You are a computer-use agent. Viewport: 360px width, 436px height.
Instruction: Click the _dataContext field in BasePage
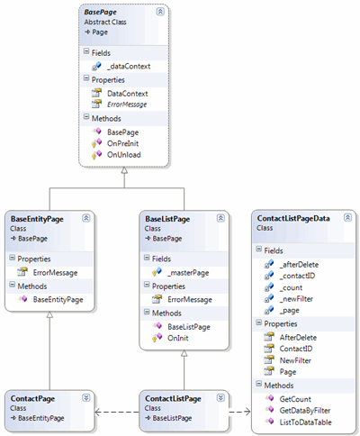pyautogui.click(x=129, y=67)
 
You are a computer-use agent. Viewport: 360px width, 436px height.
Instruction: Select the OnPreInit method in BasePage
pyautogui.click(x=122, y=143)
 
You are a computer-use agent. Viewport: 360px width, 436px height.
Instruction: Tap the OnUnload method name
pyautogui.click(x=124, y=155)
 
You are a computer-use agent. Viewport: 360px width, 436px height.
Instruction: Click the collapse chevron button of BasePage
pyautogui.click(x=160, y=12)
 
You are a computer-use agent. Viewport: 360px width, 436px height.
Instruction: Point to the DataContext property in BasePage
pyautogui.click(x=128, y=94)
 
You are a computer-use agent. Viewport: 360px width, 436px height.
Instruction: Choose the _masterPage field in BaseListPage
pyautogui.click(x=188, y=273)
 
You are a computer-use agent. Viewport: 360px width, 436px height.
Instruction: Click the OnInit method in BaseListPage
pyautogui.click(x=178, y=338)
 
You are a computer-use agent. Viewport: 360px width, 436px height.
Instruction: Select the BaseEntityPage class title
pyautogui.click(x=37, y=219)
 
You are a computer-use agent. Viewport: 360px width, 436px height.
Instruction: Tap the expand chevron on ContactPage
pyautogui.click(x=86, y=398)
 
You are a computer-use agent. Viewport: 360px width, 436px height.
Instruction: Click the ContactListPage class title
pyautogui.click(x=173, y=399)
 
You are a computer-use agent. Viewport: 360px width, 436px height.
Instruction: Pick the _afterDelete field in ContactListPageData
pyautogui.click(x=299, y=265)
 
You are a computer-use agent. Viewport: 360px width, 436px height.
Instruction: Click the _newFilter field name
pyautogui.click(x=296, y=299)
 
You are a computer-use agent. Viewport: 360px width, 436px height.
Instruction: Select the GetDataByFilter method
pyautogui.click(x=305, y=411)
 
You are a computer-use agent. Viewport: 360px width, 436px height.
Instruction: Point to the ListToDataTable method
pyautogui.click(x=305, y=422)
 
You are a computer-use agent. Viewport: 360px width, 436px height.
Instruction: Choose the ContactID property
pyautogui.click(x=296, y=349)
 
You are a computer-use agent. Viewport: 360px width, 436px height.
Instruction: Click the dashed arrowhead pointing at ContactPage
pyautogui.click(x=97, y=412)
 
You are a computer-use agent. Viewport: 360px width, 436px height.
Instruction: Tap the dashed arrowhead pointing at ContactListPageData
pyautogui.click(x=247, y=412)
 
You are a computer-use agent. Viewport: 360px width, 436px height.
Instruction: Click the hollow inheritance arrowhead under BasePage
pyautogui.click(x=124, y=170)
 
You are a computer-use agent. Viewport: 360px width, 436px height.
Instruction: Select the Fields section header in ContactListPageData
pyautogui.click(x=274, y=250)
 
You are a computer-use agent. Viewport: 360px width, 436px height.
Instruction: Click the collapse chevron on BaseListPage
pyautogui.click(x=220, y=218)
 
